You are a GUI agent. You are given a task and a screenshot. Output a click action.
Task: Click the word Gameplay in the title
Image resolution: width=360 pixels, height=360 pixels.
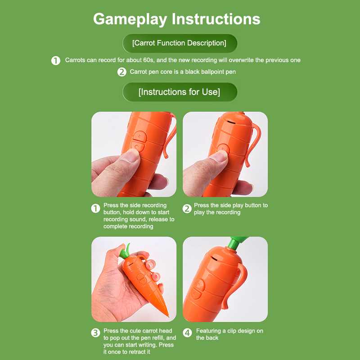pyautogui.click(x=130, y=19)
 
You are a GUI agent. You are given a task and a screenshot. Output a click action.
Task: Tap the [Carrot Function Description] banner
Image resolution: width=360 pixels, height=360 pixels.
pyautogui.click(x=180, y=43)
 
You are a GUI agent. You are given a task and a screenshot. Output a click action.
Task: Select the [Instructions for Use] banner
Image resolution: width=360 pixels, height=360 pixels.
pyautogui.click(x=180, y=92)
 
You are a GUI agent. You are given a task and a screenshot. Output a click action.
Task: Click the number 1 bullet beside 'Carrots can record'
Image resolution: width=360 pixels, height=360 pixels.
pyautogui.click(x=55, y=61)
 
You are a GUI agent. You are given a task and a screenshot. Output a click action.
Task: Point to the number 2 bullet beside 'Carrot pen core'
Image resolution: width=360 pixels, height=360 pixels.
pyautogui.click(x=121, y=72)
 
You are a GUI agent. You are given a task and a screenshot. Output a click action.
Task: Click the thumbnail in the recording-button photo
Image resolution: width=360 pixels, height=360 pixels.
pyautogui.click(x=130, y=155)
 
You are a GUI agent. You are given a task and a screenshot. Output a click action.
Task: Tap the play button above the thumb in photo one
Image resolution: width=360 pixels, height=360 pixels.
pyautogui.click(x=139, y=136)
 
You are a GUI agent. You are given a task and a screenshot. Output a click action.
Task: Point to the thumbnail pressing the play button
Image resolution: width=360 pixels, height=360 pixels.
pyautogui.click(x=219, y=156)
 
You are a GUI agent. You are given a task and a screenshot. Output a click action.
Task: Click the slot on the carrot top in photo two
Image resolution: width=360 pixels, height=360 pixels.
pyautogui.click(x=231, y=122)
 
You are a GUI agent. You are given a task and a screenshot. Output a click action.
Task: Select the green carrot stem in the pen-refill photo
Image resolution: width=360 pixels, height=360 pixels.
pyautogui.click(x=126, y=252)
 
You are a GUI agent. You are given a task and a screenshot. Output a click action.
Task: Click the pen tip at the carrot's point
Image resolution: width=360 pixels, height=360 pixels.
pyautogui.click(x=168, y=316)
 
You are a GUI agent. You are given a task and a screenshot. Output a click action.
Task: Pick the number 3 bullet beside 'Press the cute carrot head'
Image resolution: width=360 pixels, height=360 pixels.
pyautogui.click(x=95, y=333)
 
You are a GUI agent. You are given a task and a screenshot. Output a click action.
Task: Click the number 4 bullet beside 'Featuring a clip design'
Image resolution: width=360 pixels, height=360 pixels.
pyautogui.click(x=187, y=333)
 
